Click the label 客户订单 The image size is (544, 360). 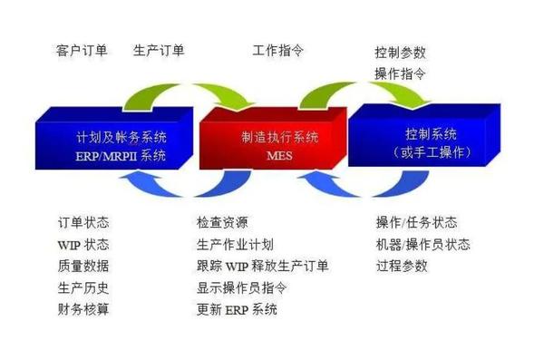point(82,51)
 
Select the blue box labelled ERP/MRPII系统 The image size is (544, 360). point(118,145)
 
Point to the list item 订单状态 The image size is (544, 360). point(83,223)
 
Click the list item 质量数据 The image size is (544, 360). point(83,267)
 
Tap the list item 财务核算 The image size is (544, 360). point(83,310)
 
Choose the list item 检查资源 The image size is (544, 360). point(222,223)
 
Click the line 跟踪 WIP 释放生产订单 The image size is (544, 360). point(262,267)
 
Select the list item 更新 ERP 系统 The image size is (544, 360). point(237,310)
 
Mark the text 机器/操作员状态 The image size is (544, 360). point(423,245)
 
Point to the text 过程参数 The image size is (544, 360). point(402,267)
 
